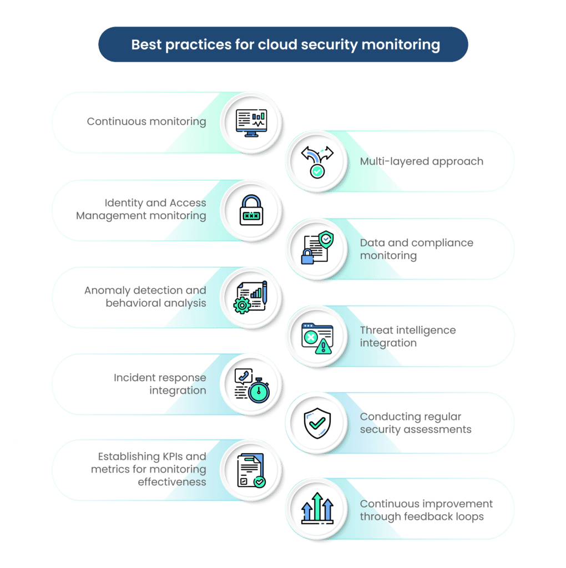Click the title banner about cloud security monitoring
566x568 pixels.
point(283,44)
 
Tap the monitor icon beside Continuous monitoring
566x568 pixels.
point(251,123)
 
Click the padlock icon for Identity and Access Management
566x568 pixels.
point(251,210)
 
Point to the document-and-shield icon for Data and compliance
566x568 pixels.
point(317,248)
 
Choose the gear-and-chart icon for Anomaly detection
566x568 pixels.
point(250,297)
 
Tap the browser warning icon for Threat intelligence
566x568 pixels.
point(317,338)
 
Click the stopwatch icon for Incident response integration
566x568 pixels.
point(252,386)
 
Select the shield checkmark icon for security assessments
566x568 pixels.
point(317,423)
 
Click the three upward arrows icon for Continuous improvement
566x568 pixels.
point(317,508)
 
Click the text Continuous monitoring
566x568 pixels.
point(146,121)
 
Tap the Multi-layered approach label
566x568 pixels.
point(421,161)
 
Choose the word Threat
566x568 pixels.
point(377,330)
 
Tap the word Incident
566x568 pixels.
point(135,378)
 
